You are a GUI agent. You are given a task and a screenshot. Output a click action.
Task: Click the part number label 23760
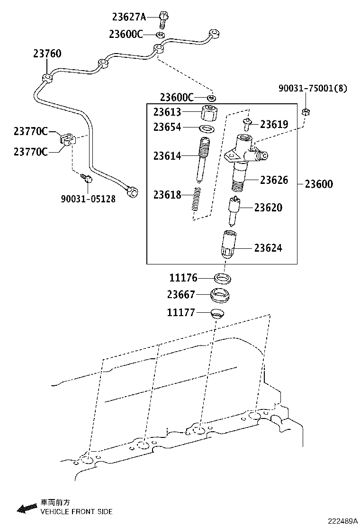coord(47,54)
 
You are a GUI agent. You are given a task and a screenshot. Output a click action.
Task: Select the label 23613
coord(167,112)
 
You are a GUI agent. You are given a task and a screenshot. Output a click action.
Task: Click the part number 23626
coord(274,180)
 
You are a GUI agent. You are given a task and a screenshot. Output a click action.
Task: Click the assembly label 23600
coord(318,184)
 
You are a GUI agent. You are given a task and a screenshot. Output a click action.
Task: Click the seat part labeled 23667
coord(220,296)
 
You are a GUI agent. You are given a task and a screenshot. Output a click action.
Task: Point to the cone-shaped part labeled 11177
coord(217,313)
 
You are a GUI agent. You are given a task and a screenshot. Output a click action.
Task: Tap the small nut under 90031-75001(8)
coord(306,112)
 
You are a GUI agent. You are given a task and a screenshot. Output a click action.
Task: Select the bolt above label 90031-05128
coord(87,178)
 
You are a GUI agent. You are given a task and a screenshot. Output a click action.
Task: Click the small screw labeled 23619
coord(247,124)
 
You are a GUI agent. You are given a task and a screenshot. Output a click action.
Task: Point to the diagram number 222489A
coord(341,521)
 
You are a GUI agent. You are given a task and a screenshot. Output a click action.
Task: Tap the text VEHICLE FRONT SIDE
coord(76,512)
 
